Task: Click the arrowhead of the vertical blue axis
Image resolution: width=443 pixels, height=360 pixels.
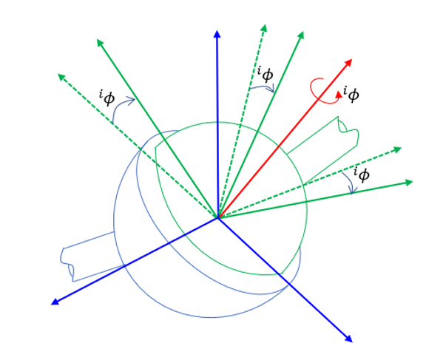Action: pos(217,34)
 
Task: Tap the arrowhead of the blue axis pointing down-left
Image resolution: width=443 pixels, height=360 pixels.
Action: pos(55,302)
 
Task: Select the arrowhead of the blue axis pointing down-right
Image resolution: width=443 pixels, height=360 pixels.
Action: pos(349,339)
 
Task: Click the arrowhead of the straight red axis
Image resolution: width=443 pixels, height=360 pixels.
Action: pos(348,63)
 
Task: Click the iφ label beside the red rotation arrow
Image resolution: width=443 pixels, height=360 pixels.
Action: pos(351,95)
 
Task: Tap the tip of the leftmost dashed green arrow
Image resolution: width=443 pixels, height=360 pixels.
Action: pos(58,74)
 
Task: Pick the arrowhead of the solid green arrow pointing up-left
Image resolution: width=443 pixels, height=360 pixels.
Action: pos(100,43)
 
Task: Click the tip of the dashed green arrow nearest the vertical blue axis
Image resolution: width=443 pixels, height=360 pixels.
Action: pos(266,24)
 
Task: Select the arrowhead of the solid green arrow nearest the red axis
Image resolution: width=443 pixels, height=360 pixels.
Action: pos(301,35)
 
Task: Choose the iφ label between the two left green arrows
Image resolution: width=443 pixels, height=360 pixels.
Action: pos(107,98)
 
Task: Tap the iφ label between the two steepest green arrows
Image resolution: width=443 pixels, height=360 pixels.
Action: pos(266,74)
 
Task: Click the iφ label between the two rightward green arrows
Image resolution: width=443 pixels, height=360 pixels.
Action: pos(362,174)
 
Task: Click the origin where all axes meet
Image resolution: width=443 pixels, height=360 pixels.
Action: pos(218,217)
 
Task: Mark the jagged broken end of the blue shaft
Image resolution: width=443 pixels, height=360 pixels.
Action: pos(67,264)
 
